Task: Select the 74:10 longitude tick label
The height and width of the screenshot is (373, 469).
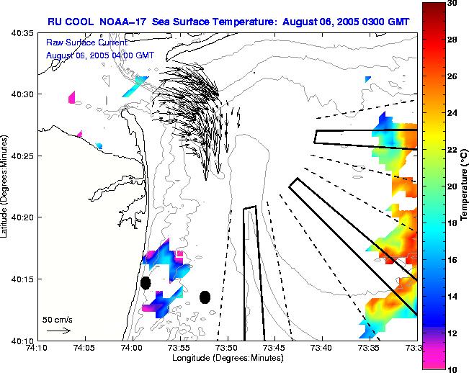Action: (x=37, y=348)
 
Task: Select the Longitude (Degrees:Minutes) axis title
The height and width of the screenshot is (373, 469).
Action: (x=227, y=358)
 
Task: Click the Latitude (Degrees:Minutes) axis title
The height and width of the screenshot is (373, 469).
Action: (x=6, y=186)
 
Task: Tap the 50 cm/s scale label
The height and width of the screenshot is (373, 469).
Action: (x=56, y=319)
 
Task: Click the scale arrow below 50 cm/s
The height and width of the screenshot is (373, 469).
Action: (x=58, y=331)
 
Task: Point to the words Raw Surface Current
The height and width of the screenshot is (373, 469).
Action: (x=86, y=44)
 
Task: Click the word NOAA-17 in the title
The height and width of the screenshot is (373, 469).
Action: (x=115, y=22)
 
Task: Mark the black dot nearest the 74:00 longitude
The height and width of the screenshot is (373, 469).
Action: (x=146, y=282)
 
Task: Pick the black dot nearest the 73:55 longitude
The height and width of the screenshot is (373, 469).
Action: (x=205, y=297)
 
